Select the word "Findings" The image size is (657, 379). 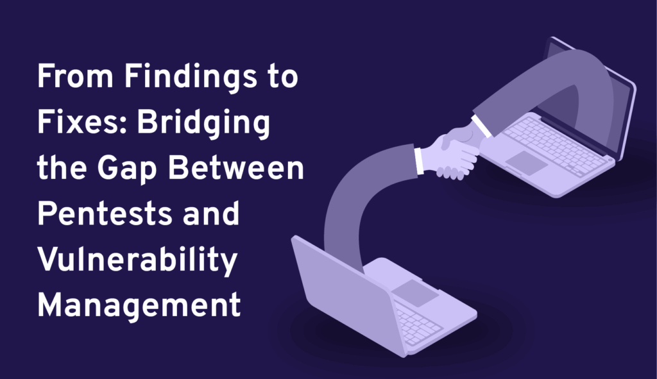click(191, 78)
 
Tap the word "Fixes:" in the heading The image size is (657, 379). click(82, 122)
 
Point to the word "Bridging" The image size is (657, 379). click(203, 124)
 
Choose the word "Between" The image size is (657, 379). click(236, 167)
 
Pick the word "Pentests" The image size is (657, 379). click(105, 214)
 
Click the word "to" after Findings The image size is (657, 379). click(283, 78)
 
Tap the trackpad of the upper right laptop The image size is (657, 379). click(527, 162)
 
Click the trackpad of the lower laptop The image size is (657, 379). click(415, 292)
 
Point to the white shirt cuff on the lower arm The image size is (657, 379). click(418, 160)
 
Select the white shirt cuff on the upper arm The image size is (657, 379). click(482, 126)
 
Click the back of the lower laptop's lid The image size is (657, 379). click(348, 293)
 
